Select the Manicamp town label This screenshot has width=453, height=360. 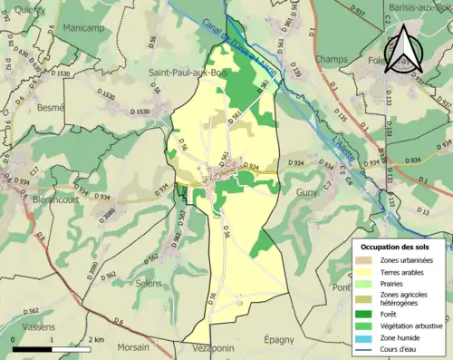83,28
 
